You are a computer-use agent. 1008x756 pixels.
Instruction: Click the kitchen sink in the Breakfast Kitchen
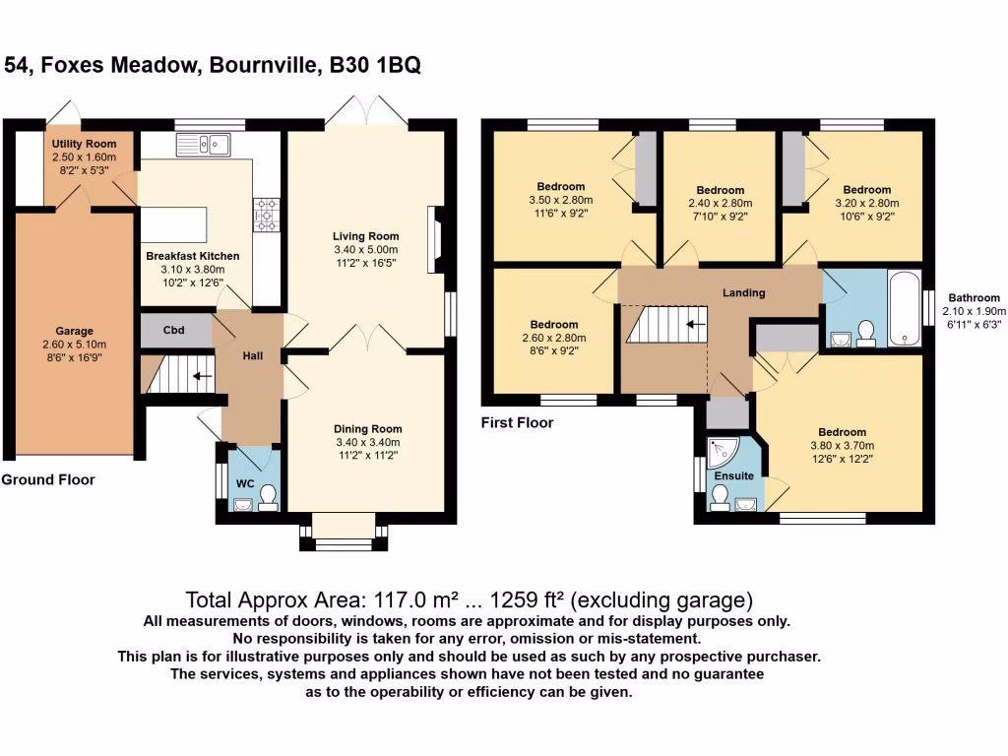point(203,146)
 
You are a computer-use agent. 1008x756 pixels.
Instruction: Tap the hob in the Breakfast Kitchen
point(266,214)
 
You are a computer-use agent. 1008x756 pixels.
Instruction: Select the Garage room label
point(74,332)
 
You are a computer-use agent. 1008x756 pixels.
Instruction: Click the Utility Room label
point(84,145)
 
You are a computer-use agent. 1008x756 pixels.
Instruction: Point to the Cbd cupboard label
point(174,331)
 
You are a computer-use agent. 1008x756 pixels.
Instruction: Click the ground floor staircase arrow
point(202,375)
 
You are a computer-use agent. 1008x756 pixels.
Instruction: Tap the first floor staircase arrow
point(696,324)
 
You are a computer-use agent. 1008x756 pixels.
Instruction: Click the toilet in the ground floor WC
point(266,496)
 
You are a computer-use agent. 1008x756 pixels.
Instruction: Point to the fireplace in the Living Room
point(434,239)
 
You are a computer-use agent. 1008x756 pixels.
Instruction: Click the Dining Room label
point(367,429)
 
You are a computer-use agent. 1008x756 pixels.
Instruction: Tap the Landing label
point(743,292)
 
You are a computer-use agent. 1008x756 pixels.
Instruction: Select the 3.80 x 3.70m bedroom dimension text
point(842,445)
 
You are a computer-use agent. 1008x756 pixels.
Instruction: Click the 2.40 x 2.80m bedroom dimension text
point(720,204)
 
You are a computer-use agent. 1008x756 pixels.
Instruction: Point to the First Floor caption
point(517,423)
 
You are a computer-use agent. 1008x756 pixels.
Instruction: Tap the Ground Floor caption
point(48,480)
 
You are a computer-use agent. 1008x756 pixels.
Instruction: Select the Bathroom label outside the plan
point(974,298)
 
